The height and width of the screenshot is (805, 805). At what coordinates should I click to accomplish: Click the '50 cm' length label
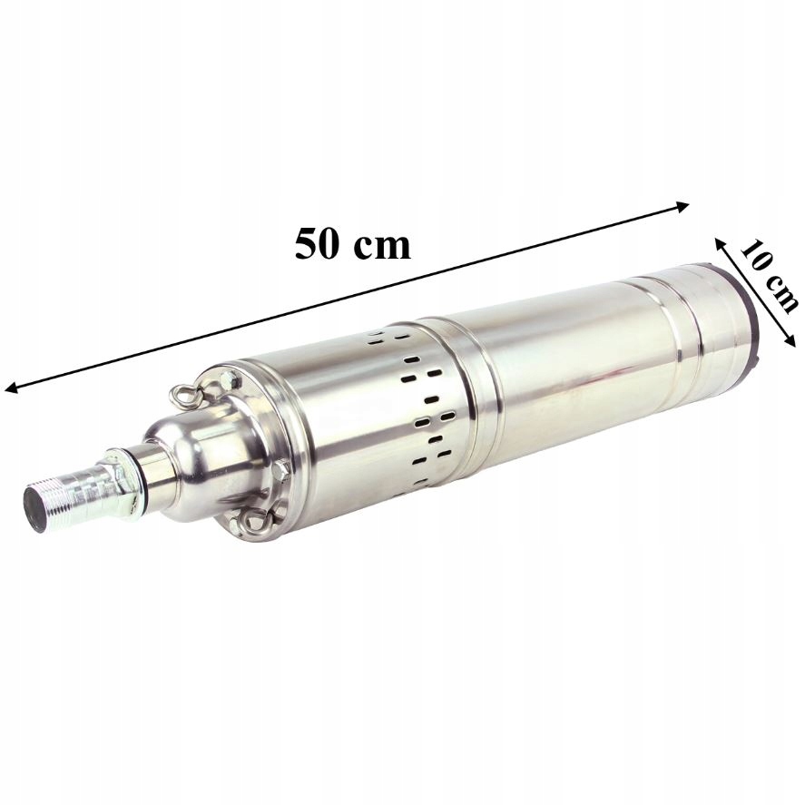353,244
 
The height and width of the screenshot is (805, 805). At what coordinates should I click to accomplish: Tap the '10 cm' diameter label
769,277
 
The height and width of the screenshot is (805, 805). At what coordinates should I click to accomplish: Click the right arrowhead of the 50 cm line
682,206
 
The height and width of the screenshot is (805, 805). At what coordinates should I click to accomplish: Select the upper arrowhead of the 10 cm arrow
720,244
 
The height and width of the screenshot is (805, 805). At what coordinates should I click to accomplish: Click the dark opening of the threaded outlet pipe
36,505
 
